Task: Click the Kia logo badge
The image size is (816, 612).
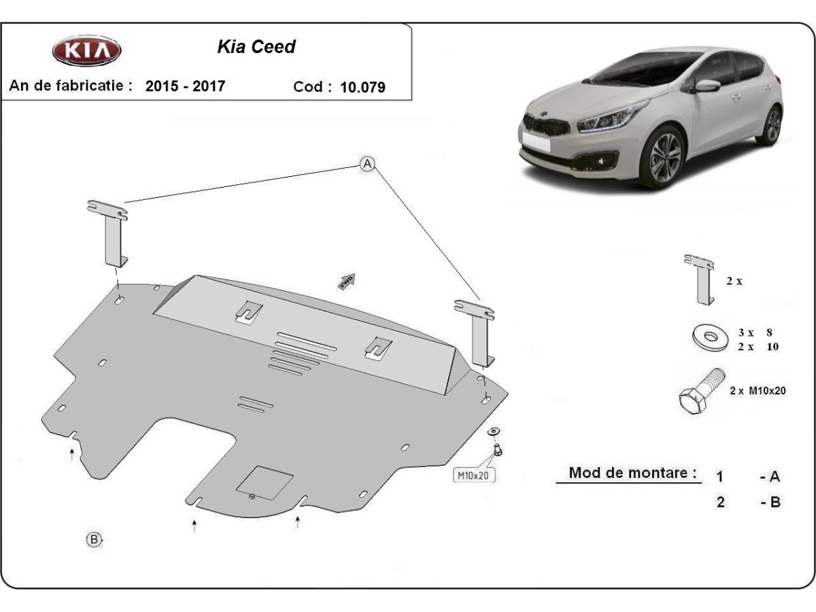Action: [x=86, y=50]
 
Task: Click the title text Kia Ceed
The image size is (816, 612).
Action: [x=256, y=47]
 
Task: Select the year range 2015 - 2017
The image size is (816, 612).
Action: [x=185, y=86]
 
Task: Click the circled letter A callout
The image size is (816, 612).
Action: [x=367, y=164]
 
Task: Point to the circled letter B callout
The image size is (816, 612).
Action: [x=94, y=540]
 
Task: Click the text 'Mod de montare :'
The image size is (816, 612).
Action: [x=632, y=473]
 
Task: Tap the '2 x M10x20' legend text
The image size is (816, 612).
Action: [x=758, y=390]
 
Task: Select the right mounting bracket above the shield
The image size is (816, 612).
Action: [x=479, y=332]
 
